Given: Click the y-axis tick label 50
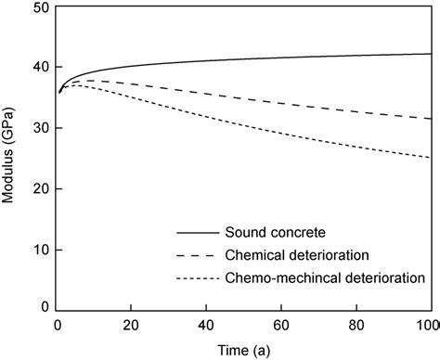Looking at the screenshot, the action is point(41,7).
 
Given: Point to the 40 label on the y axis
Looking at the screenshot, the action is point(41,67).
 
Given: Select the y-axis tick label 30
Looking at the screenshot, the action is point(41,128).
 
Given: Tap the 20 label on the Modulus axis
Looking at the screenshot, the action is point(41,189).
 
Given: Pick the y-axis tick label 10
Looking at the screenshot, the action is point(41,250).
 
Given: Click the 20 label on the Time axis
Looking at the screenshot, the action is point(131,326).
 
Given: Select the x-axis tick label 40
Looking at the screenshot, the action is point(206,326).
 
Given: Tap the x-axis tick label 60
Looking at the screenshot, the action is point(281,326).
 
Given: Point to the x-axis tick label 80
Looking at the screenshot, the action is point(356,326).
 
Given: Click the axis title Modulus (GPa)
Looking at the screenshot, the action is point(7,155).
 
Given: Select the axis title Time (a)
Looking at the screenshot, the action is point(244,351).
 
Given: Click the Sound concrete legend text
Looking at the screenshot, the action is point(276,232).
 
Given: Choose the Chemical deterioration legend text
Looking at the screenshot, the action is point(297,255).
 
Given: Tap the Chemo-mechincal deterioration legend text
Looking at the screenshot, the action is point(325,278).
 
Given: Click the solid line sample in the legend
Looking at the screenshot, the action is point(198,233).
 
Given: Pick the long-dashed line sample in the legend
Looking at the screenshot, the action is point(195,255).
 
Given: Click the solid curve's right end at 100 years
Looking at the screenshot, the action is point(432,54).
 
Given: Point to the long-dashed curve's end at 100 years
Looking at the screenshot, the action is point(432,119).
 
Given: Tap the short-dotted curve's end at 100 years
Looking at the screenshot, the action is point(432,158).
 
